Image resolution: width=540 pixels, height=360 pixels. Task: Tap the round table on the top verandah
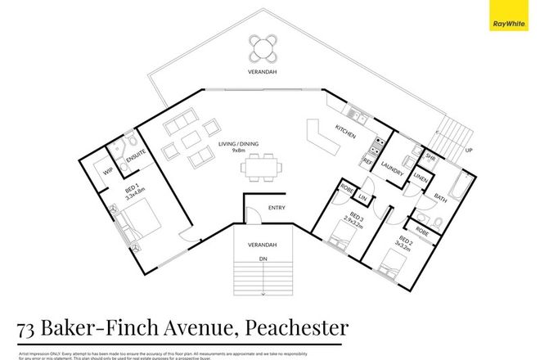coord(262,47)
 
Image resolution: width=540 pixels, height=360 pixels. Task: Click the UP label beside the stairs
coord(468,151)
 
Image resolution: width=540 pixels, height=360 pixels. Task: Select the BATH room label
coord(439,197)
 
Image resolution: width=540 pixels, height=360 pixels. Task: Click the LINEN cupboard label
coord(422,178)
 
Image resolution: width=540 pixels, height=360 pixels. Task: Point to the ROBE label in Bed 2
coord(424,232)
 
